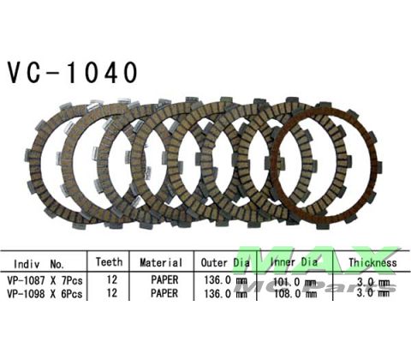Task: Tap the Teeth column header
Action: pyautogui.click(x=109, y=262)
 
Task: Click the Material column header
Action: pyautogui.click(x=159, y=262)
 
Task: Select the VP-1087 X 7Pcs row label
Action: pyautogui.click(x=46, y=279)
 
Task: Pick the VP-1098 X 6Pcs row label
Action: pyautogui.click(x=46, y=292)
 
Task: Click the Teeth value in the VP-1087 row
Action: pyautogui.click(x=109, y=279)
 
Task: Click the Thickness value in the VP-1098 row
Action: pyautogui.click(x=372, y=292)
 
